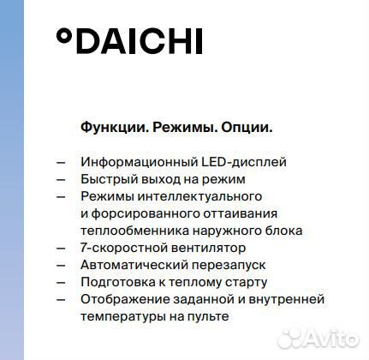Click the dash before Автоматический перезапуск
(x=60, y=265)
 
